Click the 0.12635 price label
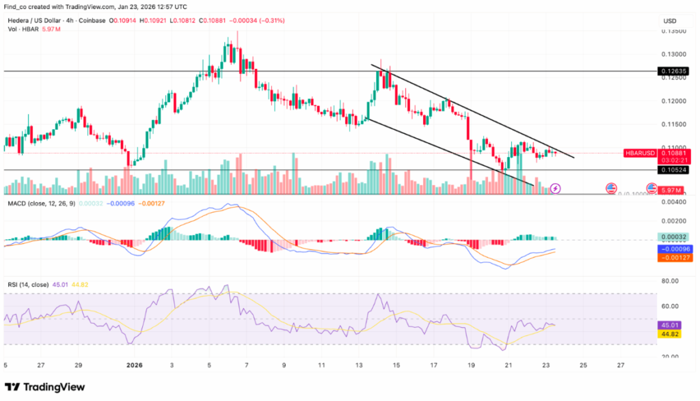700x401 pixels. [x=672, y=70]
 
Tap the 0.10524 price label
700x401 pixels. [x=672, y=170]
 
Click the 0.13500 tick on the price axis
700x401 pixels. [x=673, y=31]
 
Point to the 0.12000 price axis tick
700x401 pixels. [x=673, y=101]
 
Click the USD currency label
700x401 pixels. [x=669, y=21]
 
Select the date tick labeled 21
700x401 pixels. [x=508, y=365]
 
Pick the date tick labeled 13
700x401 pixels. [x=360, y=365]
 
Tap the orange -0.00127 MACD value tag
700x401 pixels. [x=673, y=258]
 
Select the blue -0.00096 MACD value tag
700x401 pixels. [x=673, y=249]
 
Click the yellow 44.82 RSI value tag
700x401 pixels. [x=670, y=334]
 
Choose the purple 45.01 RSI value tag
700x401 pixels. [x=670, y=325]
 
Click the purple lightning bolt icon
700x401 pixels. [x=556, y=187]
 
